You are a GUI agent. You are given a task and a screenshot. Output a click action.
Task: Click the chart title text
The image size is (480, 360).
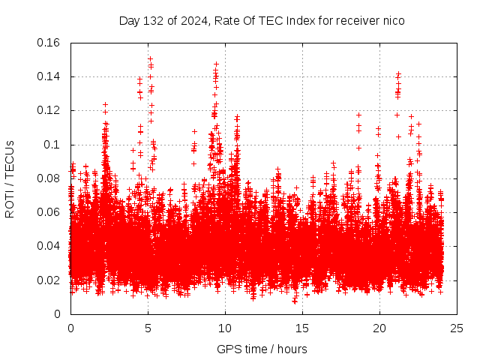tap(262, 20)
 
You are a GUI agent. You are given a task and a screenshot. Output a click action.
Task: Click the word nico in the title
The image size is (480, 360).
tap(393, 20)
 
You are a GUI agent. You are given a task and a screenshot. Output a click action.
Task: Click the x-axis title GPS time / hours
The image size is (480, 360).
tap(262, 349)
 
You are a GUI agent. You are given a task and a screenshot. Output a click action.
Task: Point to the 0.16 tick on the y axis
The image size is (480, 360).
tap(50, 43)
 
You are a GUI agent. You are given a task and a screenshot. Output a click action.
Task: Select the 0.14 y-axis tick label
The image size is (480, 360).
tap(50, 76)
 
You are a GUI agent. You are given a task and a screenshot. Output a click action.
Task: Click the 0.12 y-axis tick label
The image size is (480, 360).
tap(50, 110)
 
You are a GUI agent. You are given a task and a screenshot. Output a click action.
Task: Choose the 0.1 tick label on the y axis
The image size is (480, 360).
tap(53, 145)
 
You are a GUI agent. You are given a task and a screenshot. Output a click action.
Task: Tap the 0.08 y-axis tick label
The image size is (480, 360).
tap(50, 178)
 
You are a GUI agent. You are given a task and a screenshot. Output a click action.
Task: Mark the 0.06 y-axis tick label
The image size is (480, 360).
tap(50, 212)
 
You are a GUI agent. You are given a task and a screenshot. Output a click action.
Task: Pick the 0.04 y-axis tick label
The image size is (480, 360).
tap(50, 246)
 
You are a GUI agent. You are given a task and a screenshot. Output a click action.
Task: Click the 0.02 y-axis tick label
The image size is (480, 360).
tap(50, 280)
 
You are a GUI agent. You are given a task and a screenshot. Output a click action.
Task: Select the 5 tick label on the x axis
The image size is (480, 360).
tap(148, 328)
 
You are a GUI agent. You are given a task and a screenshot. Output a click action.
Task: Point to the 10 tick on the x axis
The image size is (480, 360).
tap(225, 328)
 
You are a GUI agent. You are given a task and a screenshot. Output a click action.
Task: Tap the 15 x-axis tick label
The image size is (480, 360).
tap(302, 328)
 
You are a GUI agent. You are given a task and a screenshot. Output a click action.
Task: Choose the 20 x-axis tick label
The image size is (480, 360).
tap(379, 328)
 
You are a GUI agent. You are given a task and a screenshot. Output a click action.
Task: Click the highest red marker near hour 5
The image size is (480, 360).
tap(150, 58)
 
